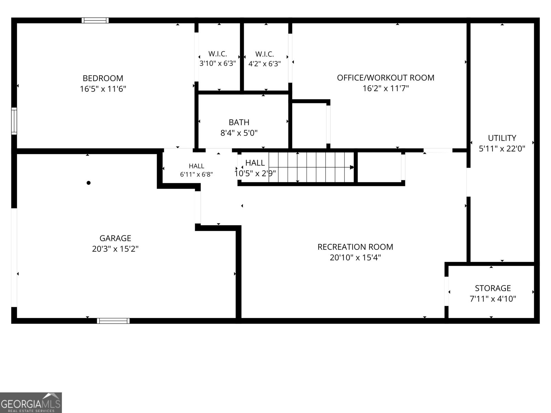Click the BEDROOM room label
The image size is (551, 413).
pyautogui.click(x=103, y=78)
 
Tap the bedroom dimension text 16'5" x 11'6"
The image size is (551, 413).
pyautogui.click(x=103, y=89)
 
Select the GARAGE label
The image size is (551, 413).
pyautogui.click(x=115, y=238)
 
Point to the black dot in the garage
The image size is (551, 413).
pyautogui.click(x=89, y=183)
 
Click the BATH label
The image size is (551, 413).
pyautogui.click(x=239, y=122)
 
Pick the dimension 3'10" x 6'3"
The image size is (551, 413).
pyautogui.click(x=218, y=63)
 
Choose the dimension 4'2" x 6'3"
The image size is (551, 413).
pyautogui.click(x=264, y=64)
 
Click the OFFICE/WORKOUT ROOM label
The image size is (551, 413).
pyautogui.click(x=386, y=78)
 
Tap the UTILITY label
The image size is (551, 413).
pyautogui.click(x=502, y=138)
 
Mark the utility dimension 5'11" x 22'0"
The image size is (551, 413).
pyautogui.click(x=502, y=149)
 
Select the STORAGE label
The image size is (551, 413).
pyautogui.click(x=493, y=288)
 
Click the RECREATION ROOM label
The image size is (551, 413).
pyautogui.click(x=355, y=247)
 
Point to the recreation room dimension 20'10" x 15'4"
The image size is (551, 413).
pyautogui.click(x=355, y=257)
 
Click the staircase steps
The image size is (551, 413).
pyautogui.click(x=311, y=167)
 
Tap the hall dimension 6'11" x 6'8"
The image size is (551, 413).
pyautogui.click(x=196, y=174)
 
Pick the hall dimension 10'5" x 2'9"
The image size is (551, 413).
pyautogui.click(x=255, y=173)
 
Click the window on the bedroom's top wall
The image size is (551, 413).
pyautogui.click(x=95, y=20)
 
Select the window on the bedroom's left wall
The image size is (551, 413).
pyautogui.click(x=14, y=121)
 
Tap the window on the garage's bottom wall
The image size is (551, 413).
pyautogui.click(x=113, y=321)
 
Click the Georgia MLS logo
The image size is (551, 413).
pyautogui.click(x=31, y=402)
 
